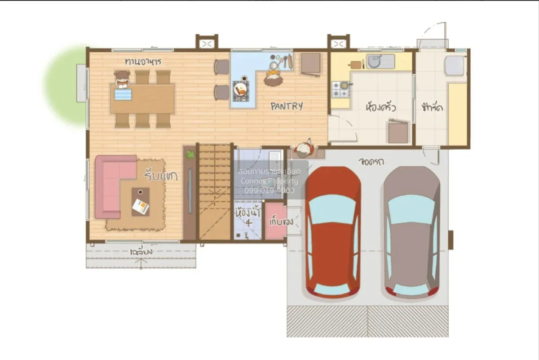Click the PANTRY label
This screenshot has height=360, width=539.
tap(287, 107)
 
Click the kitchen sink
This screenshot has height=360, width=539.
tap(380, 61)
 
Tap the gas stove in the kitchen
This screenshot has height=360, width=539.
tap(341, 89)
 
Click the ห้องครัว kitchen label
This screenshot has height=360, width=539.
tap(381, 108)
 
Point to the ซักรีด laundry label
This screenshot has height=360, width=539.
tap(433, 108)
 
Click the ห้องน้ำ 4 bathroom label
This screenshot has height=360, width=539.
tap(247, 215)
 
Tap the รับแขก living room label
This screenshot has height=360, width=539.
tap(161, 175)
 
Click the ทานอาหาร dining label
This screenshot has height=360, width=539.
tap(143, 61)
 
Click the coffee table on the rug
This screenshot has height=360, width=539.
tap(141, 202)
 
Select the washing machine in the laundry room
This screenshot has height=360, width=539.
tap(454, 66)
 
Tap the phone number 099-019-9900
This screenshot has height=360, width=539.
tap(269, 191)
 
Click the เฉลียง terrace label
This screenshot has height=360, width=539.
tap(141, 252)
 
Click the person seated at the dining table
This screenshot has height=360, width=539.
tap(122, 80)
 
